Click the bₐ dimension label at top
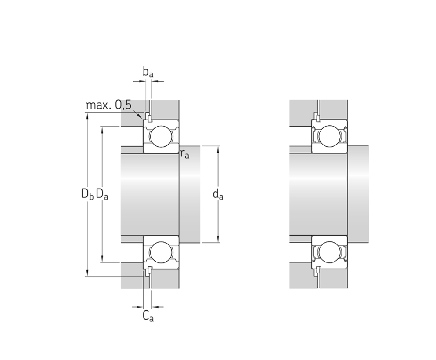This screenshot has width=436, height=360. [x=148, y=72]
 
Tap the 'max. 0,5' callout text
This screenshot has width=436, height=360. [x=108, y=105]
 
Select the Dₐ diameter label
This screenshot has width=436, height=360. [x=102, y=194]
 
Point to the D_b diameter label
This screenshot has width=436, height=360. [x=87, y=194]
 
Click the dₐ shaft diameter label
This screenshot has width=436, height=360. [x=218, y=194]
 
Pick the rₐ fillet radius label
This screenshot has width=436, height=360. [x=185, y=154]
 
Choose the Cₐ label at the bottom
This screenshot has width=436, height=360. [x=148, y=316]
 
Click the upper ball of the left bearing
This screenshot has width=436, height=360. [x=161, y=136]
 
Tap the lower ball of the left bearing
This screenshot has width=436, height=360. [x=161, y=252]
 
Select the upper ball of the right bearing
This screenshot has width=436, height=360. [x=329, y=136]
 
